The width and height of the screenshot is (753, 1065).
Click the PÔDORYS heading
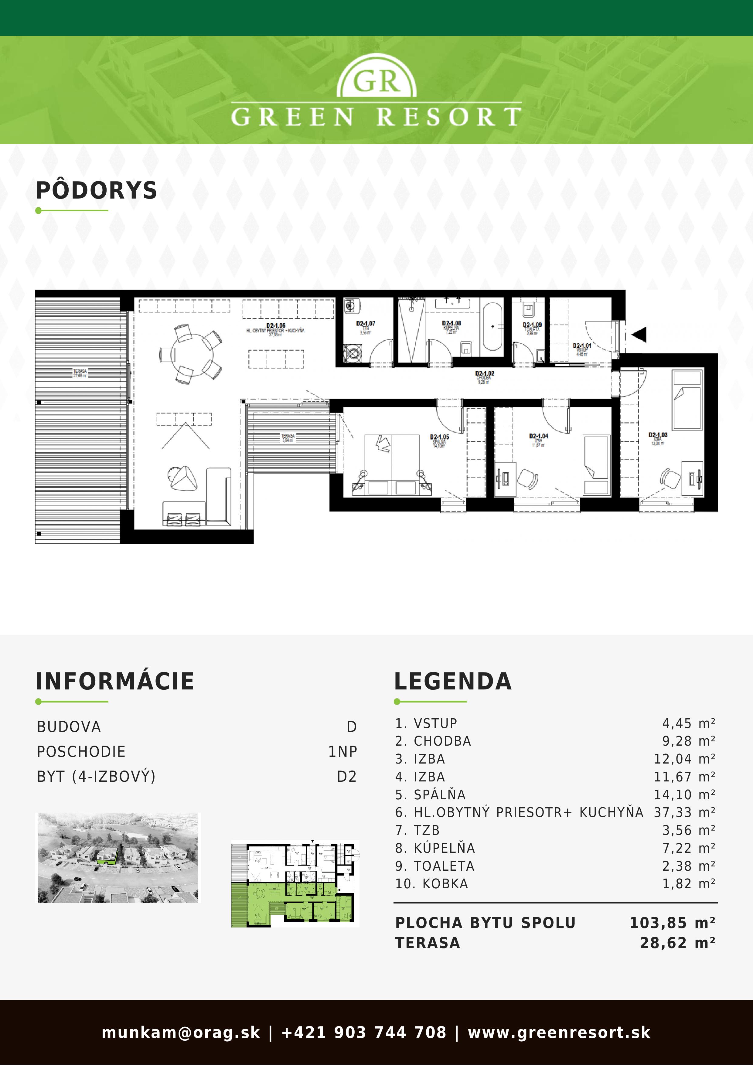pos(97,191)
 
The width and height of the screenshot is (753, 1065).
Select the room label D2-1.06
pos(276,326)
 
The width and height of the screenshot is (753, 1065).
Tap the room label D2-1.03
pos(658,435)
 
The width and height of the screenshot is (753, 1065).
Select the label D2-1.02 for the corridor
pos(484,373)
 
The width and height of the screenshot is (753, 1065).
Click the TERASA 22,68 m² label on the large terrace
pos(80,373)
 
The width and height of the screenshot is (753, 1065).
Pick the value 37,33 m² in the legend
pos(684,812)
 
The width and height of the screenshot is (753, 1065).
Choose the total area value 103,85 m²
pos(672,923)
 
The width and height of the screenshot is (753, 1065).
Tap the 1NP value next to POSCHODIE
pos(342,751)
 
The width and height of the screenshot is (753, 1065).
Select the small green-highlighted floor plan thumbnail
pos(295,884)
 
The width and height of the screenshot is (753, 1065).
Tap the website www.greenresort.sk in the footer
pos(559,1033)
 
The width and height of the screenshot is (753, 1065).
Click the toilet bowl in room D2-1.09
pos(529,309)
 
